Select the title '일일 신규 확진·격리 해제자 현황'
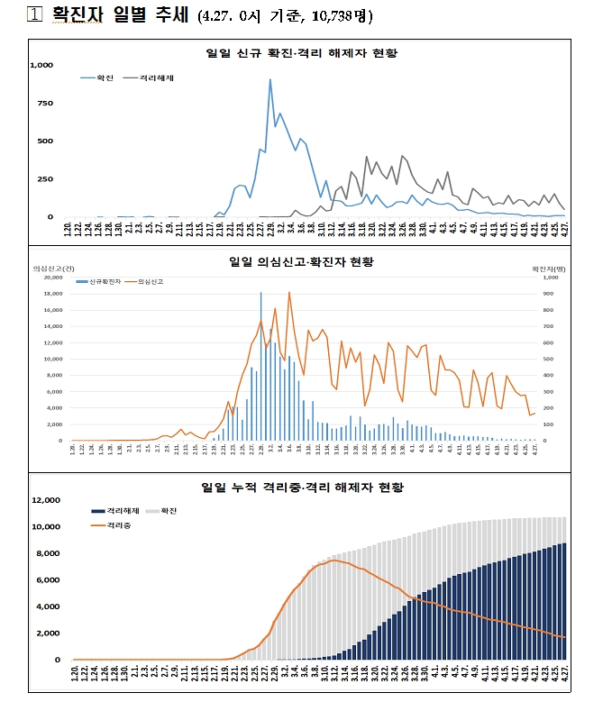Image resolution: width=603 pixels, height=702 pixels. coord(302,52)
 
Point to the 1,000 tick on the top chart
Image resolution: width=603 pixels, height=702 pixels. coord(41,65)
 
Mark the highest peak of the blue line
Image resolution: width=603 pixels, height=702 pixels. coord(270,79)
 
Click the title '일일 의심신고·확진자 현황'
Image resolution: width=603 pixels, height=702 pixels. coord(301,262)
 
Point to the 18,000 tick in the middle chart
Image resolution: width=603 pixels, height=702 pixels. coord(52,294)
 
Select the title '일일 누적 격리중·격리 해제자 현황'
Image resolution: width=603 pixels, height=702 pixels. coord(302,487)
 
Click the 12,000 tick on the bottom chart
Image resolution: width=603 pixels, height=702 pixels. coord(45,500)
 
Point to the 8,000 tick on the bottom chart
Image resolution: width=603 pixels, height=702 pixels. coord(48,553)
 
